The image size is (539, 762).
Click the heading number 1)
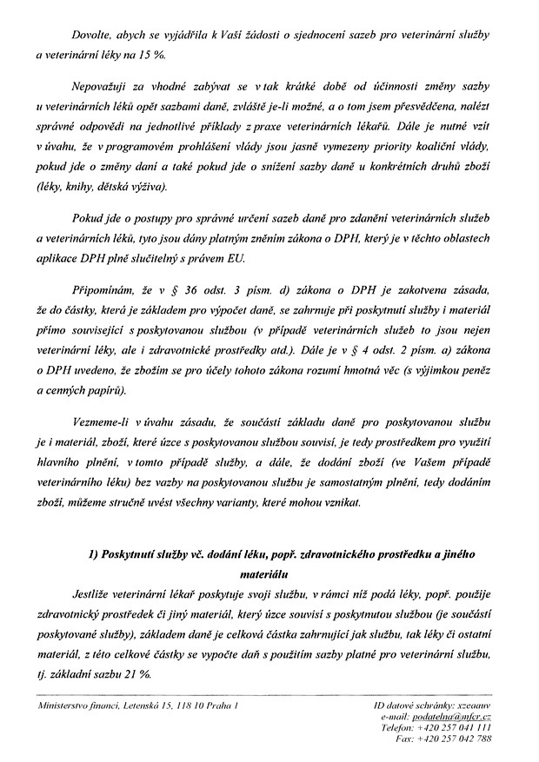point(96,554)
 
